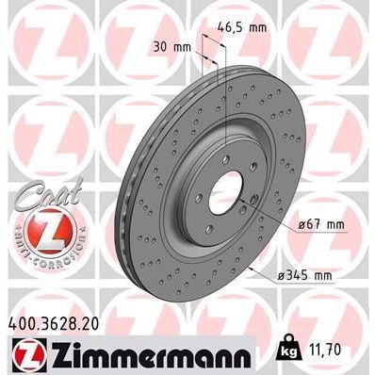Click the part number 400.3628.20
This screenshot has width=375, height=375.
pos(57,323)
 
